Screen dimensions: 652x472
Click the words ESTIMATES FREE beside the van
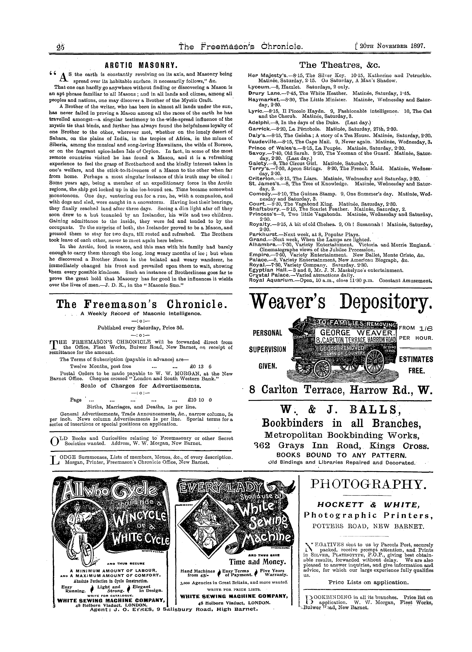point(416,365)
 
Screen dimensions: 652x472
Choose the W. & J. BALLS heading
point(340,409)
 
